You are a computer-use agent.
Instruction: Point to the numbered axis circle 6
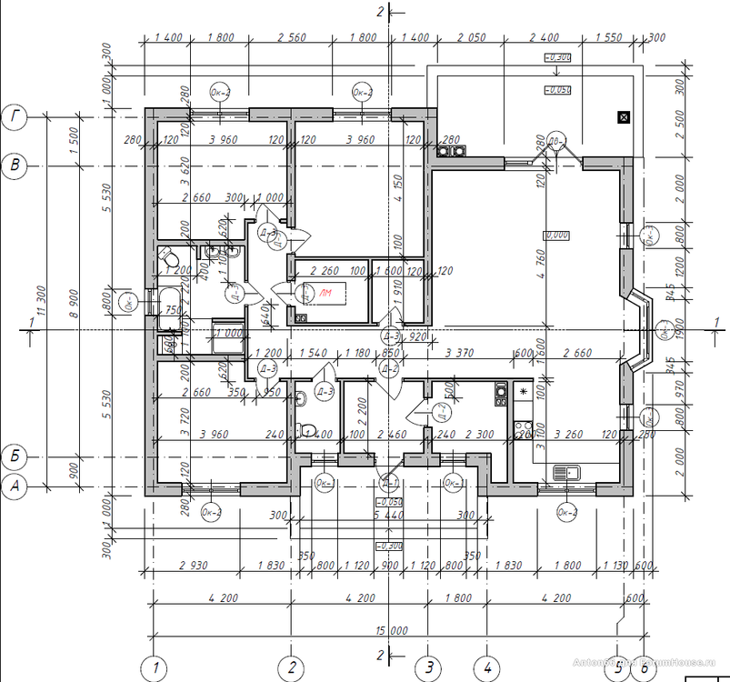[644, 668]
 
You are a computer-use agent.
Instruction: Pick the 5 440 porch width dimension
[389, 515]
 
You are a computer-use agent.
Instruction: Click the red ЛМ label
[325, 292]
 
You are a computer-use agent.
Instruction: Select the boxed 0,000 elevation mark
[555, 235]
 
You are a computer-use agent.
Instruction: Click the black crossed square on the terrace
[623, 116]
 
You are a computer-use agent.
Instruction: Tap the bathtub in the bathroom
[169, 305]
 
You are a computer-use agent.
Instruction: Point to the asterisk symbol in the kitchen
[523, 391]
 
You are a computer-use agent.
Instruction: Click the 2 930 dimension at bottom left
[194, 566]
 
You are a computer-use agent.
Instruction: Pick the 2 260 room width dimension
[325, 270]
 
